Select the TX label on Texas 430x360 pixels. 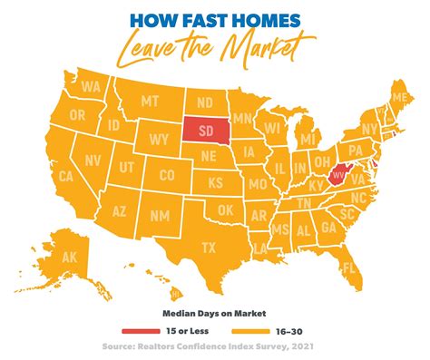[208, 247]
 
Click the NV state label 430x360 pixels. [68, 160]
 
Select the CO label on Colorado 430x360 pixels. [167, 175]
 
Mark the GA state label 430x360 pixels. [327, 229]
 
